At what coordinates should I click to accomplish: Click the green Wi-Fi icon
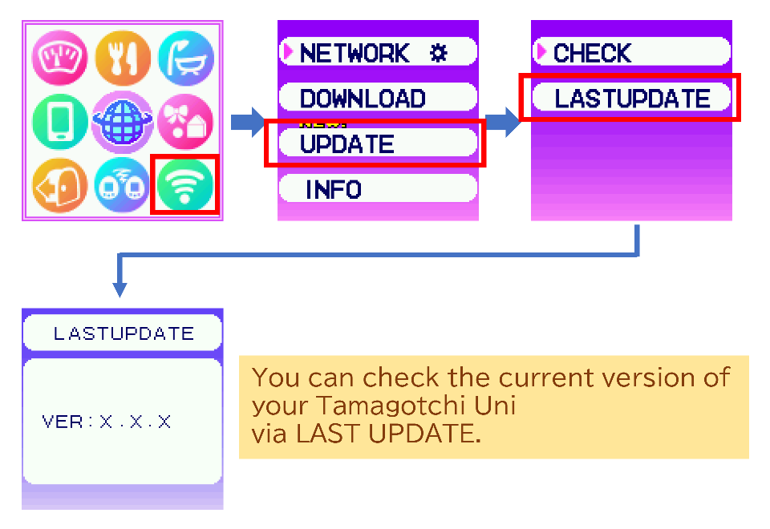tap(184, 184)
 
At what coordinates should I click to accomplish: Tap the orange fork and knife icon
tap(123, 59)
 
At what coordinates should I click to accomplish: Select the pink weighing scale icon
tap(60, 59)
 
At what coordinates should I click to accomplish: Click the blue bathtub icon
tap(185, 59)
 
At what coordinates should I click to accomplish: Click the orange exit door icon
tap(60, 184)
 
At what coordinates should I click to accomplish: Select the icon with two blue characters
tap(123, 184)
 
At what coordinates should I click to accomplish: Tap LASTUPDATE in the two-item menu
tap(631, 99)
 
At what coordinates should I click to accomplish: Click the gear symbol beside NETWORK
tap(438, 53)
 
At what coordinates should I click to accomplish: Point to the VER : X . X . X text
tap(107, 422)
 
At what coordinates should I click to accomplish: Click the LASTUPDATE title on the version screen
tap(123, 333)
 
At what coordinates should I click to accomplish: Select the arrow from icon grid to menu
tap(247, 123)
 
